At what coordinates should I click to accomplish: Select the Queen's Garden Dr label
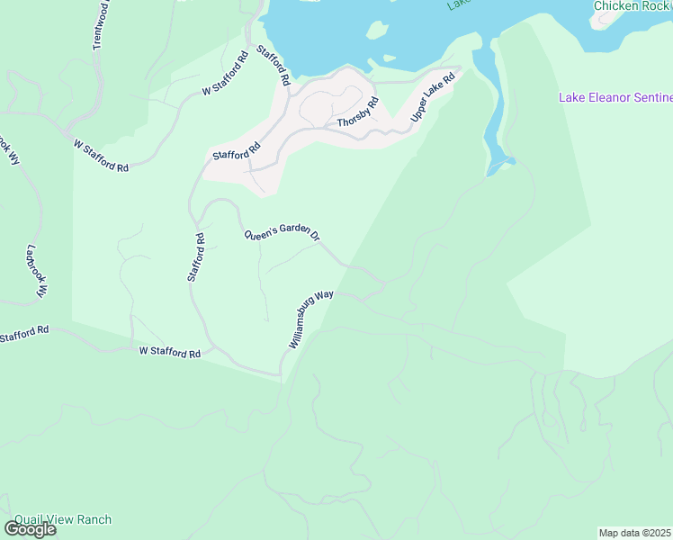[x=283, y=233]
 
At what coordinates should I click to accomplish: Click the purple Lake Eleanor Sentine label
[x=615, y=97]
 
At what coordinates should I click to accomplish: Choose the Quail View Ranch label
[x=62, y=519]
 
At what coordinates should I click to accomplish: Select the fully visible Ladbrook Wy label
[x=37, y=272]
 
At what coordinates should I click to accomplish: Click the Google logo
[x=30, y=529]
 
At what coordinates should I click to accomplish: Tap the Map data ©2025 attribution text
[x=635, y=533]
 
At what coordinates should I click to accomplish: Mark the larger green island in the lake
[x=378, y=30]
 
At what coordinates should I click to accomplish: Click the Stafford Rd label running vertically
[x=196, y=256]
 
